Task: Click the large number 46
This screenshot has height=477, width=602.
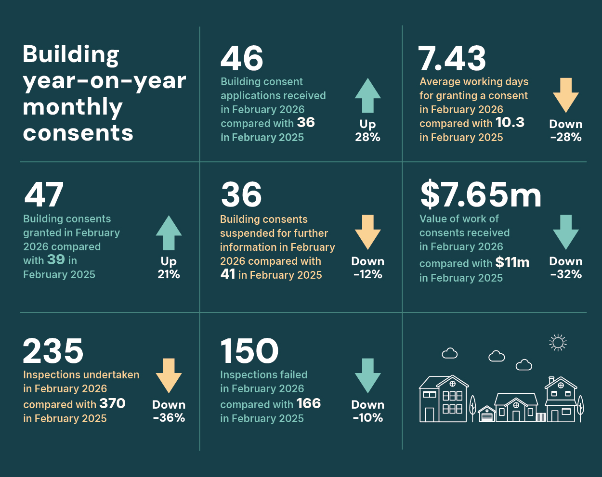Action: point(242,59)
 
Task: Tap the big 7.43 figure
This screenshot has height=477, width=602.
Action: point(452,59)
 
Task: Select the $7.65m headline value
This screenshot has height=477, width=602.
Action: point(481,194)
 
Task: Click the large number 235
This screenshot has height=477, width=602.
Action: point(53,351)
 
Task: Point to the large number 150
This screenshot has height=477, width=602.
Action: point(249,351)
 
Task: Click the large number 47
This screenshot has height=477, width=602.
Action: point(44,194)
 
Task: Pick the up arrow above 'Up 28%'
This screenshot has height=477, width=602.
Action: point(367,95)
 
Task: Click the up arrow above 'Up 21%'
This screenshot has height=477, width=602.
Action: point(169,232)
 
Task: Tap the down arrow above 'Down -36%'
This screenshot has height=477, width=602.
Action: point(169,375)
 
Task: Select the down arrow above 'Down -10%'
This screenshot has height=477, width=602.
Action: point(367,375)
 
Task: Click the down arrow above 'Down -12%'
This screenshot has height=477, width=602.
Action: point(367,232)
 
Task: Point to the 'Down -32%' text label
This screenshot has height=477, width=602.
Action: point(566,268)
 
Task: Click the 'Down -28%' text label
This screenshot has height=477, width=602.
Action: point(566,130)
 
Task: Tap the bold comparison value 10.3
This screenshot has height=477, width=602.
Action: point(510,123)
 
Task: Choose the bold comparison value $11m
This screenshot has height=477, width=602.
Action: point(512,262)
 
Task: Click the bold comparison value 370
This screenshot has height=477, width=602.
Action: point(112,403)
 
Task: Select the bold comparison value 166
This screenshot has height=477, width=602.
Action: point(308,403)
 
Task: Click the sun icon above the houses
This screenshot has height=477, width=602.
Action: point(558,342)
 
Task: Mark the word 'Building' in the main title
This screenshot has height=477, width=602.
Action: point(71,54)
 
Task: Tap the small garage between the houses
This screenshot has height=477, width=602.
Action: point(487,414)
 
